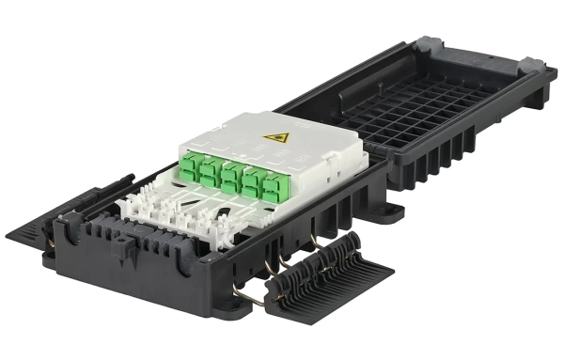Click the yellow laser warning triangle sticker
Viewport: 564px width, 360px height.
tap(275, 138)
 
